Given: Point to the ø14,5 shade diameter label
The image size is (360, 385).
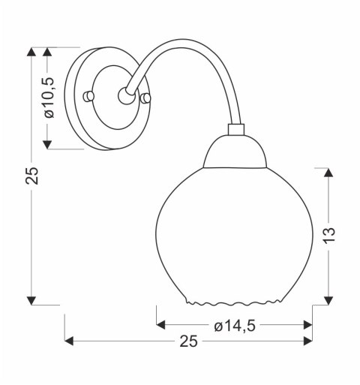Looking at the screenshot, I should (233, 325).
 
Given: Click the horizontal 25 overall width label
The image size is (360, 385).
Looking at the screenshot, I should (188, 341).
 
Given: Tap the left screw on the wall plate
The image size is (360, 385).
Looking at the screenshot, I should (89, 97).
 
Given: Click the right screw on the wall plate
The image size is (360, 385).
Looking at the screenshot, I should (145, 98).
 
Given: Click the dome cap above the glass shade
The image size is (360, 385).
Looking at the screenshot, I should (235, 153).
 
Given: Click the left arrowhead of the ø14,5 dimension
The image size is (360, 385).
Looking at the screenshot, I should (160, 325).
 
